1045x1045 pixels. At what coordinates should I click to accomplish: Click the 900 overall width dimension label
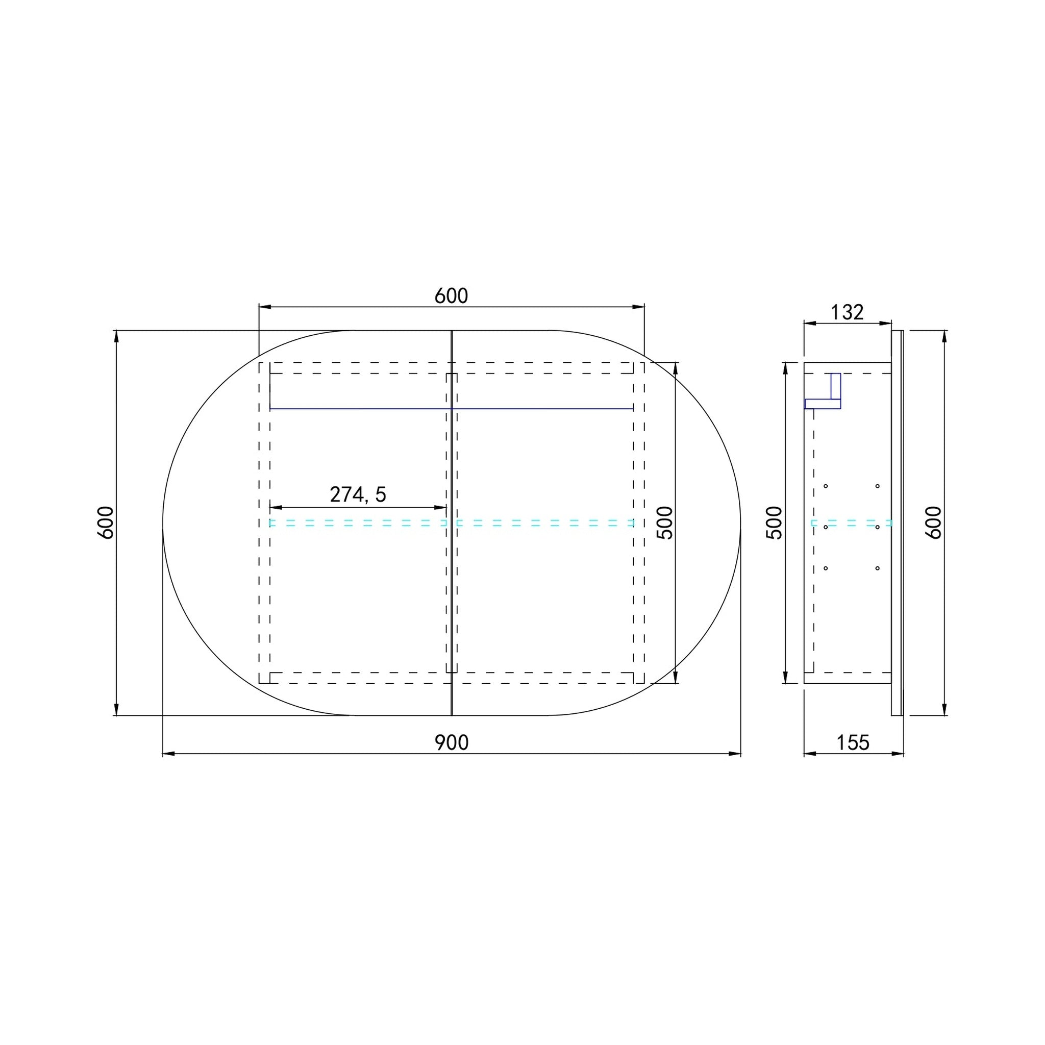pyautogui.click(x=452, y=742)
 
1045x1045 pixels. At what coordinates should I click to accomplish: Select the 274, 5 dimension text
pyautogui.click(x=358, y=494)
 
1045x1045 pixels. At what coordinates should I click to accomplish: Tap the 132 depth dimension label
pyautogui.click(x=847, y=312)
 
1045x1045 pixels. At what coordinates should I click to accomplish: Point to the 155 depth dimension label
pyautogui.click(x=853, y=742)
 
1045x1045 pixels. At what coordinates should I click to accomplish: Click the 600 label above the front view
pyautogui.click(x=452, y=296)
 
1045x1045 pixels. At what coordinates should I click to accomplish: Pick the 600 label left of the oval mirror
pyautogui.click(x=106, y=522)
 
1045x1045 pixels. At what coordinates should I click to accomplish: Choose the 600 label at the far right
pyautogui.click(x=934, y=522)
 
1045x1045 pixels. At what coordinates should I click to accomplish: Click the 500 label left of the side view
pyautogui.click(x=775, y=522)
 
